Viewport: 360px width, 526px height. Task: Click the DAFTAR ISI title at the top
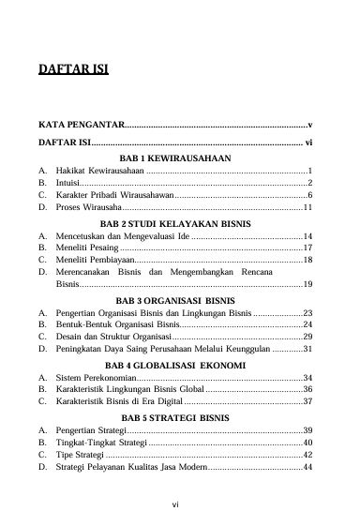(x=72, y=68)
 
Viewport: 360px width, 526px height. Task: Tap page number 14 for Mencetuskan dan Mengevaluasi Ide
(x=307, y=237)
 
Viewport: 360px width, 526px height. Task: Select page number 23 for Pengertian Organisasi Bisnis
(x=307, y=313)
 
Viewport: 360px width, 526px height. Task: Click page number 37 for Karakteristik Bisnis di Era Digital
(x=307, y=402)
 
